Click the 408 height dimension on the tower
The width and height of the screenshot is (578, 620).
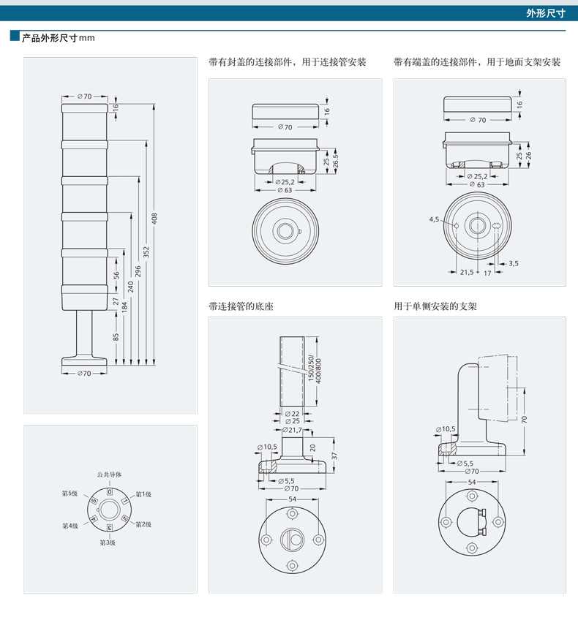(x=154, y=219)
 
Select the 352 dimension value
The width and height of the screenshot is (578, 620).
(x=146, y=252)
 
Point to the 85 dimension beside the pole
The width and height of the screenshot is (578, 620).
(x=116, y=337)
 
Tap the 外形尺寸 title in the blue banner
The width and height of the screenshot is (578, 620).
(x=546, y=13)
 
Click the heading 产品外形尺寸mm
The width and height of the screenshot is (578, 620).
(x=58, y=38)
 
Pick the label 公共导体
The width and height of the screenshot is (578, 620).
(x=110, y=475)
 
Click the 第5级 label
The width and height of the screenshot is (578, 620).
(x=70, y=494)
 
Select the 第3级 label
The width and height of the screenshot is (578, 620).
(x=108, y=542)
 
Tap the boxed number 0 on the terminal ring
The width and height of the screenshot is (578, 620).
(x=110, y=492)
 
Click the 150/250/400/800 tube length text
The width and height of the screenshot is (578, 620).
(x=315, y=371)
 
